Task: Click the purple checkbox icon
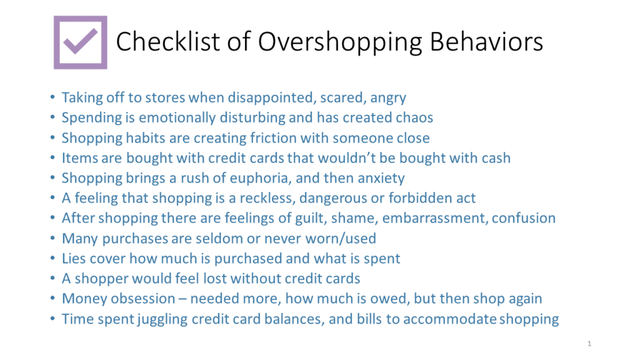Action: (80, 42)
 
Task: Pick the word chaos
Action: (413, 117)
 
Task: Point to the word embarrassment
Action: (435, 218)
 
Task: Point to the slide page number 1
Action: (589, 344)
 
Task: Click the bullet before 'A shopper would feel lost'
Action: (52, 279)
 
